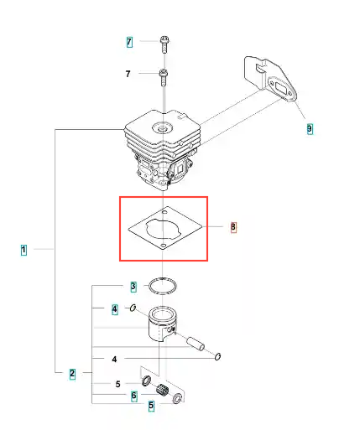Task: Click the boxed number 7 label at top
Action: pyautogui.click(x=129, y=42)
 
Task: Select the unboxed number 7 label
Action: pyautogui.click(x=128, y=74)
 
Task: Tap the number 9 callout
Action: pyautogui.click(x=310, y=129)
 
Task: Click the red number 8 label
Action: pyautogui.click(x=233, y=226)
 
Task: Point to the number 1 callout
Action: pyautogui.click(x=23, y=250)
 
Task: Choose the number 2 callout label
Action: pyautogui.click(x=72, y=374)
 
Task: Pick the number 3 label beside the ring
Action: pyautogui.click(x=133, y=287)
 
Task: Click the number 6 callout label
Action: pyautogui.click(x=134, y=396)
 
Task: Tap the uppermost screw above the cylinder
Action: pyautogui.click(x=164, y=44)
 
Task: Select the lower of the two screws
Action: pyautogui.click(x=164, y=78)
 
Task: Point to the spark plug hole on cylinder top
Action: pyautogui.click(x=162, y=128)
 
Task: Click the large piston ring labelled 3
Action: pyautogui.click(x=163, y=286)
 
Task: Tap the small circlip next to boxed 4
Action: pyautogui.click(x=133, y=308)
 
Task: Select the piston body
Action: pyautogui.click(x=162, y=324)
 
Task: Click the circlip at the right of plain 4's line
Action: pyautogui.click(x=218, y=356)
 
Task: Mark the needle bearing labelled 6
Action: pyautogui.click(x=162, y=390)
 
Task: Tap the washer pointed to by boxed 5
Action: pyautogui.click(x=177, y=398)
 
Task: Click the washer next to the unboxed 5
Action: pyautogui.click(x=146, y=381)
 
